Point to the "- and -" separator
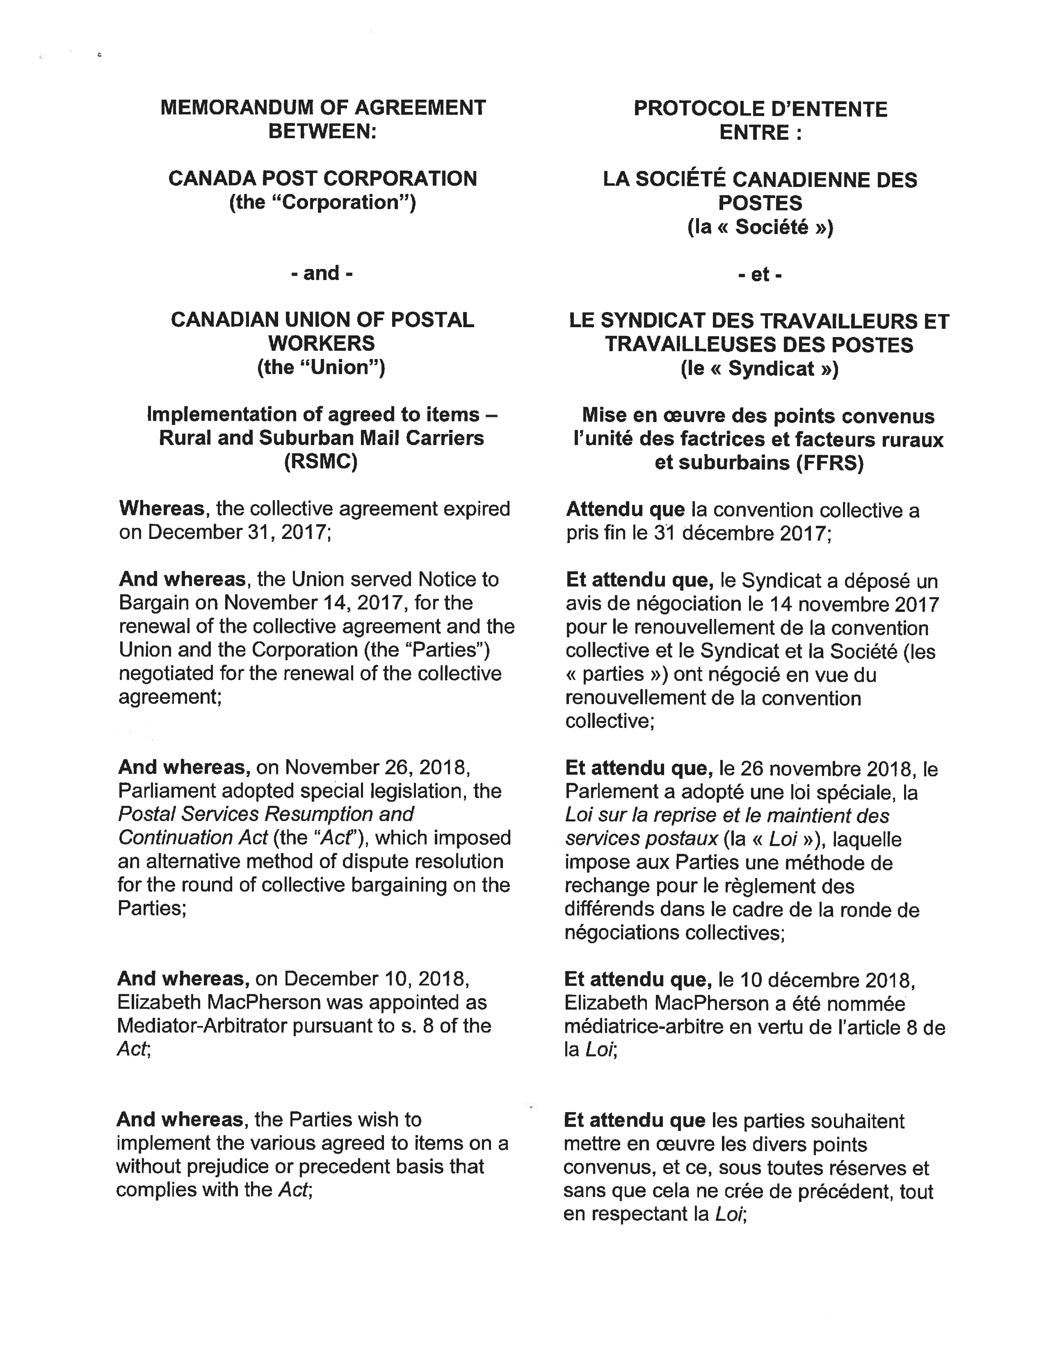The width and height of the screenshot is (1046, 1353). (x=322, y=273)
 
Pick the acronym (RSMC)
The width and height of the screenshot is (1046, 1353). (x=321, y=461)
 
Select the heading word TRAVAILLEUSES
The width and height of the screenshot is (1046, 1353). (x=690, y=344)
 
